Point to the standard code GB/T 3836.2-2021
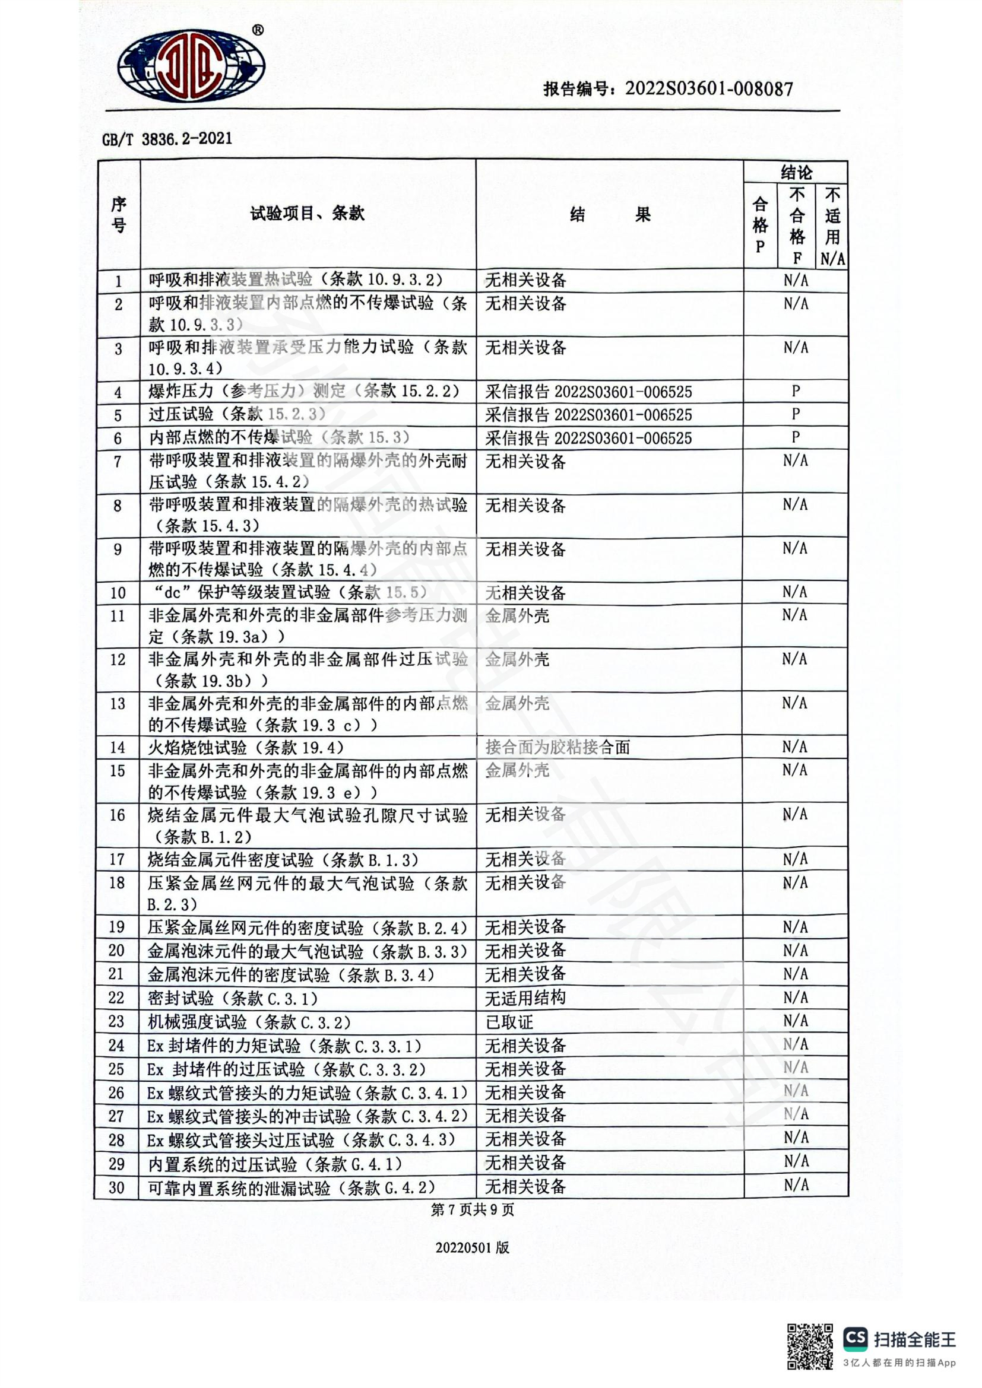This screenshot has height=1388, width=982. tap(167, 138)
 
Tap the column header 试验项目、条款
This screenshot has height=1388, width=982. tap(307, 214)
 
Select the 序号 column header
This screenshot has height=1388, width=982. tap(119, 215)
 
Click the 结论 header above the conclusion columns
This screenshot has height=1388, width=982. tap(796, 172)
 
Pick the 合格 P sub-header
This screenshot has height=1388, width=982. tap(760, 225)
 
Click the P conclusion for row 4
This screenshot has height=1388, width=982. tap(796, 391)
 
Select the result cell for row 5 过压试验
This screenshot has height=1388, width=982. tap(588, 415)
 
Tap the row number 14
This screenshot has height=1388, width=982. tap(118, 748)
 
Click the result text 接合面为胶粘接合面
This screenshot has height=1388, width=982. tap(557, 748)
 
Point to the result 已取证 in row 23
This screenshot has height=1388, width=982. tap(509, 1022)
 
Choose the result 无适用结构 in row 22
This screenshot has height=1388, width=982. tap(525, 998)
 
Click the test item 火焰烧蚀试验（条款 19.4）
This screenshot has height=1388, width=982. tap(246, 748)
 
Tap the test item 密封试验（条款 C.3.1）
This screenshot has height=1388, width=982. tap(233, 999)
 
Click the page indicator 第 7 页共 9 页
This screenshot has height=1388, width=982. tap(472, 1209)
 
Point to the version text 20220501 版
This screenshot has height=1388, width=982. tap(472, 1247)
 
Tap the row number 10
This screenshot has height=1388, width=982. tap(118, 593)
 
